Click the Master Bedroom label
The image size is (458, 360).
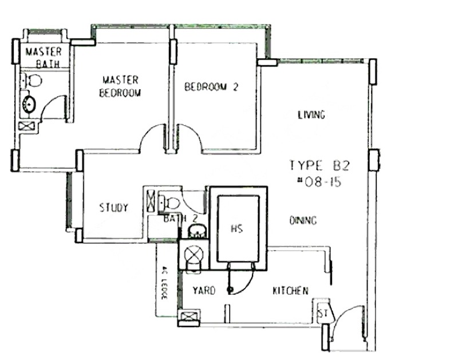[120, 86]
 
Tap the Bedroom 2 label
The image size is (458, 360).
[211, 87]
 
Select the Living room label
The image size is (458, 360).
[311, 114]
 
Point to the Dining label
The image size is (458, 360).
[303, 220]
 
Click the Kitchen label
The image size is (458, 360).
[290, 291]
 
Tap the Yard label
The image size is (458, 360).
[204, 291]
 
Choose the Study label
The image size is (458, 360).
[114, 208]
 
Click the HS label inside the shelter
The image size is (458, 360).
[236, 228]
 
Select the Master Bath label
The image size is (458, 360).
[44, 57]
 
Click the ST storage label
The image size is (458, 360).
[322, 313]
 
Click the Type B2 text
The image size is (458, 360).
[319, 165]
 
